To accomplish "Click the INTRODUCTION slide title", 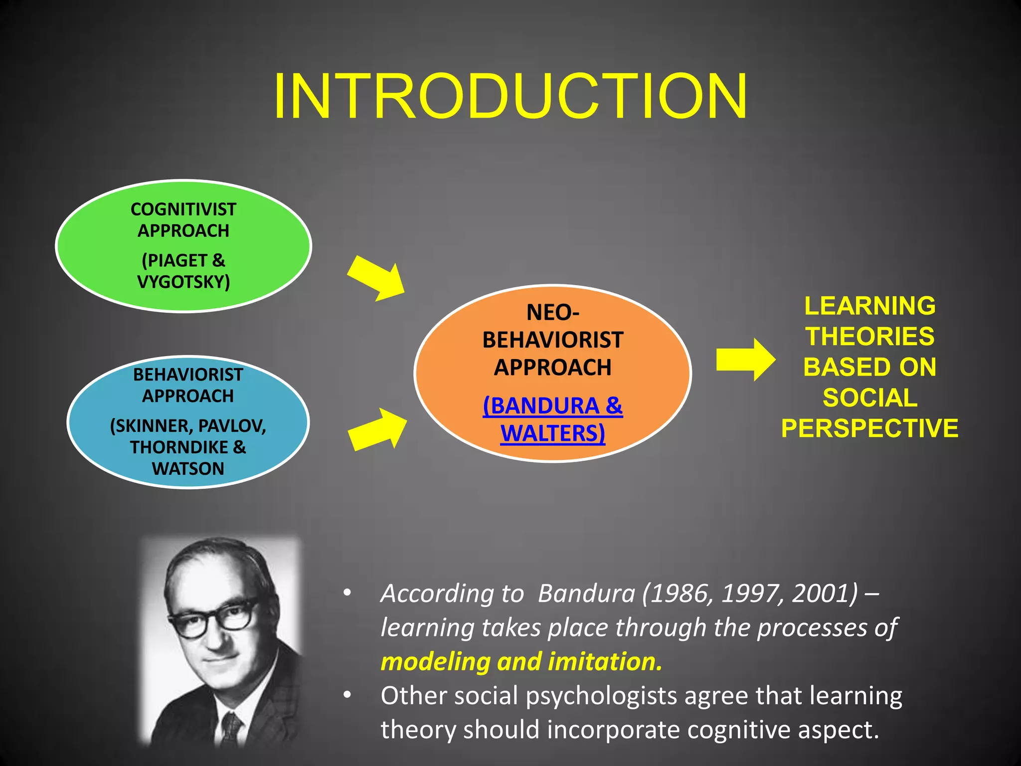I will tap(510, 96).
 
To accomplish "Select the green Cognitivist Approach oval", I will tap(183, 245).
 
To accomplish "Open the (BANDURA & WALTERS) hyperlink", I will tap(552, 419).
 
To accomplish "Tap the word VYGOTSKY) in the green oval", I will tap(183, 282).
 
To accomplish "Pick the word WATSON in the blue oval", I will tap(188, 469).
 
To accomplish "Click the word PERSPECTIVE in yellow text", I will tap(869, 428).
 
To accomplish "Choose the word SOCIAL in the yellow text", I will tap(869, 398).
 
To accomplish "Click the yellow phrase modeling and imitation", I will tap(521, 662).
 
